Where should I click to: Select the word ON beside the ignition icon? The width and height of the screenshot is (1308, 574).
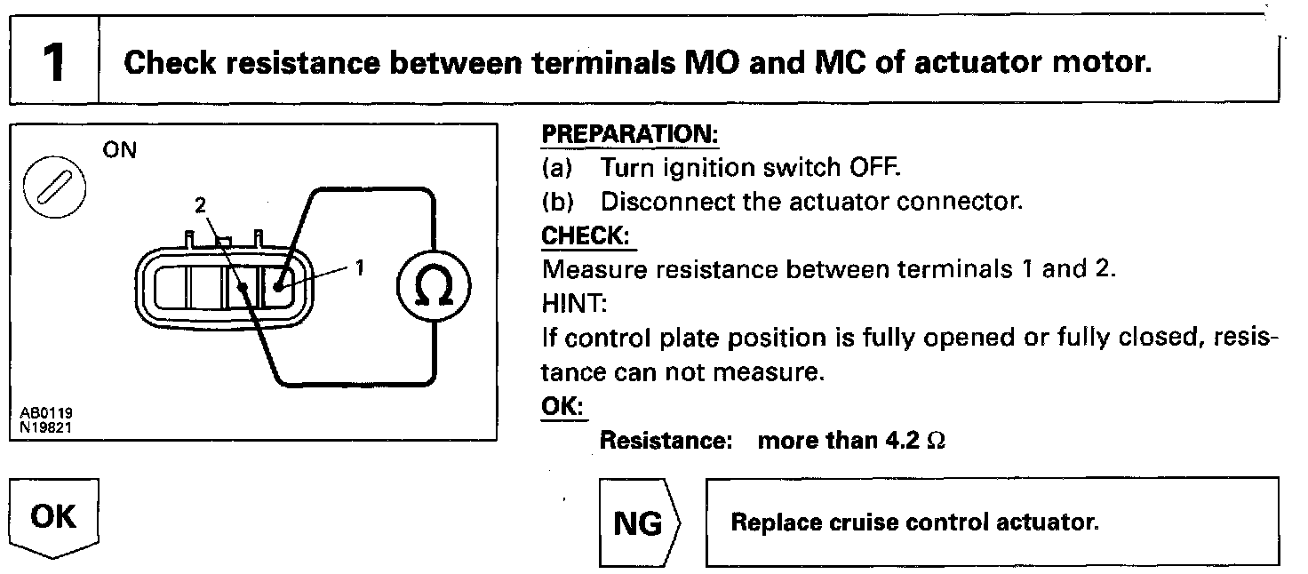coord(120,150)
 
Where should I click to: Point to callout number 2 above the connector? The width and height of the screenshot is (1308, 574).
coord(200,206)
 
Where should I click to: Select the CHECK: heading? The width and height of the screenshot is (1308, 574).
coord(589,235)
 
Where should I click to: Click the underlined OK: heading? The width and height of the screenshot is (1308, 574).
coord(562,404)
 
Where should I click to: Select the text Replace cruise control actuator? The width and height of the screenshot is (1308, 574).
coord(914,522)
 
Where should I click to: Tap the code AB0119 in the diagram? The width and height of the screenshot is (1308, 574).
coord(47,413)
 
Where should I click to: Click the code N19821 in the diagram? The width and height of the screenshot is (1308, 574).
coord(47,426)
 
